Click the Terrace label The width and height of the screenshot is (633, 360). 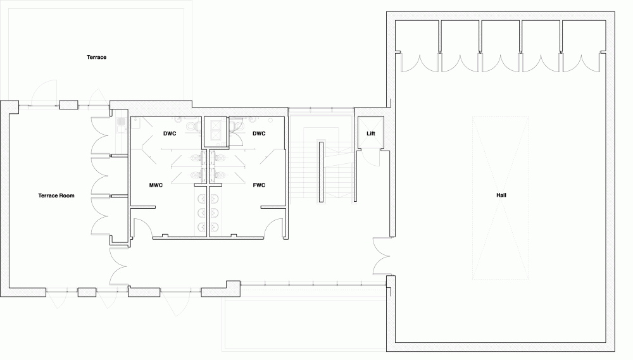pos(96,58)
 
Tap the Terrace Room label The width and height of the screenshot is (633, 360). pos(56,196)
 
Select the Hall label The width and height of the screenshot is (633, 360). pos(501,196)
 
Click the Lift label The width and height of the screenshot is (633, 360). pos(370,133)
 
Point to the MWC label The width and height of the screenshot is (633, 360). pos(156,185)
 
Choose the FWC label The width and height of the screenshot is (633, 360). pos(259,185)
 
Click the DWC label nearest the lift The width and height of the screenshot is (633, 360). pos(259,133)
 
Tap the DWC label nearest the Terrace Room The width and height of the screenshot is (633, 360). pos(170,133)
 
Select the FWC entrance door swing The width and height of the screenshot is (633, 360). pos(273,228)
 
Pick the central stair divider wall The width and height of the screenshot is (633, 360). pos(321,171)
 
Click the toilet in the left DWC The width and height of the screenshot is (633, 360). pos(192,125)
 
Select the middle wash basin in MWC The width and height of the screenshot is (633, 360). pos(202,213)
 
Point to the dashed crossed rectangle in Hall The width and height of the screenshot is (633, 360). pos(500,198)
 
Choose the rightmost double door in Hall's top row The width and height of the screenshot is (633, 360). pos(582,63)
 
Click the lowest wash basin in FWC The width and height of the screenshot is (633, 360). pos(215,227)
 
